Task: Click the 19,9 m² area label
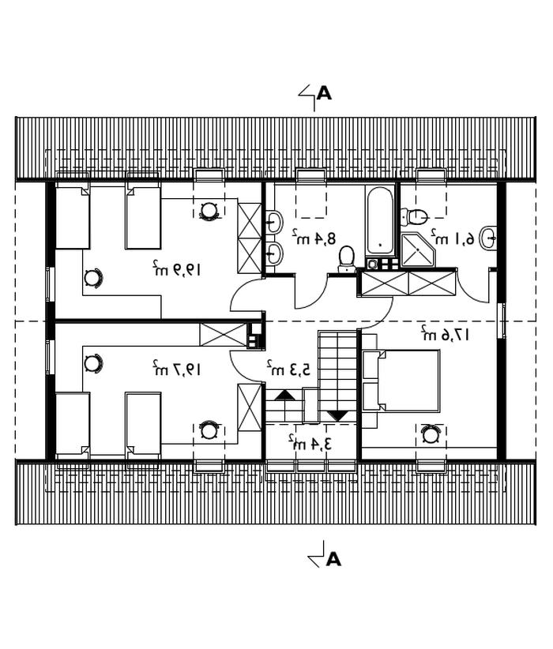(x=176, y=269)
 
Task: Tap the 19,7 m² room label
(x=176, y=368)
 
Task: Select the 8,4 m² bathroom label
(x=314, y=237)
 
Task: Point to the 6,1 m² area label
(x=453, y=237)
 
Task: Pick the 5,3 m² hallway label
(x=288, y=368)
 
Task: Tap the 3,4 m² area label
(x=310, y=443)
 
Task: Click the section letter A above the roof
(x=325, y=93)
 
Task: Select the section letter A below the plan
(x=333, y=559)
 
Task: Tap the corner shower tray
(x=418, y=249)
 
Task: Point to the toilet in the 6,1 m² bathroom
(x=414, y=216)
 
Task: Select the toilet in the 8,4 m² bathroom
(x=346, y=260)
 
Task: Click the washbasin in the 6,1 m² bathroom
(x=489, y=238)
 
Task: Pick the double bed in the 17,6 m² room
(x=401, y=381)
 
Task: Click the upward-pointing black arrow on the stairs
(x=285, y=396)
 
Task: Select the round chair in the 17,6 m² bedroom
(x=431, y=435)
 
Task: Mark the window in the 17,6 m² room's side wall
(x=502, y=320)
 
